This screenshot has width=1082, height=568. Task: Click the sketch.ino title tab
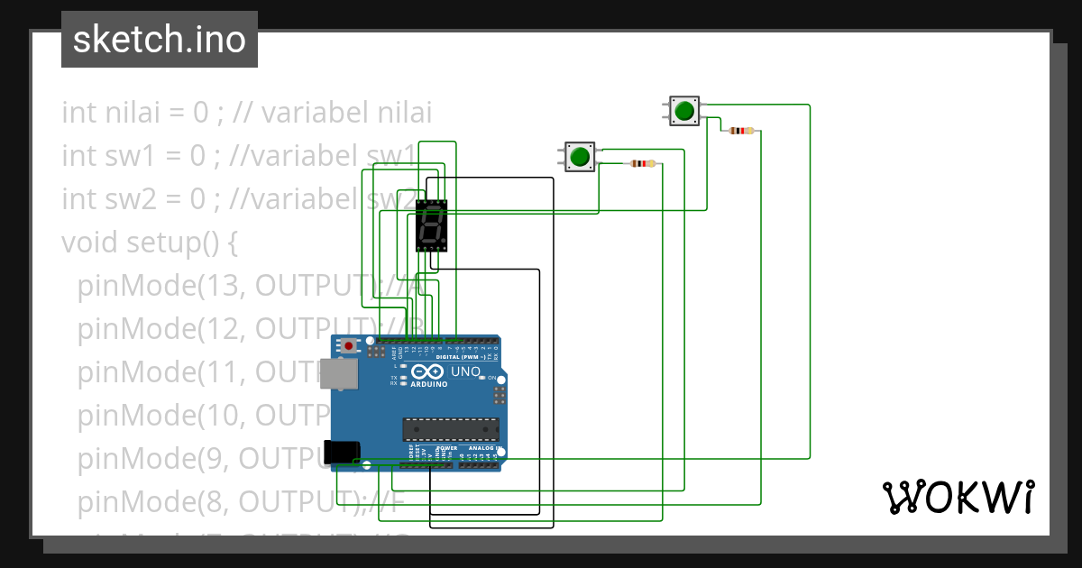160,40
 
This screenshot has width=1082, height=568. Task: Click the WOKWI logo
958,498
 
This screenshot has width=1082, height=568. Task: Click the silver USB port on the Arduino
339,374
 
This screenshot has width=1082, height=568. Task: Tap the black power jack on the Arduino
342,451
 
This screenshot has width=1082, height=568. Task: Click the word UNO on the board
466,371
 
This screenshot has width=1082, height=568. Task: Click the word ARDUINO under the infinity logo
429,385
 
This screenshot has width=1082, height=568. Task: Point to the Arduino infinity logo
428,371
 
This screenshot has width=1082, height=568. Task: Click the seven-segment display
431,224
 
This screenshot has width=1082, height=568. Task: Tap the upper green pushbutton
684,112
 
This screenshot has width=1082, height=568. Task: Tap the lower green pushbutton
579,157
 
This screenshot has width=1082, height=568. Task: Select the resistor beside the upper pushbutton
741,131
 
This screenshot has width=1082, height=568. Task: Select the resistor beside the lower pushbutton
641,163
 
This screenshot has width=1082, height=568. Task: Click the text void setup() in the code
149,243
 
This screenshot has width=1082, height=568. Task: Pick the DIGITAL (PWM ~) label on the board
465,357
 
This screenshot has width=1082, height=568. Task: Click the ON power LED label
493,378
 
